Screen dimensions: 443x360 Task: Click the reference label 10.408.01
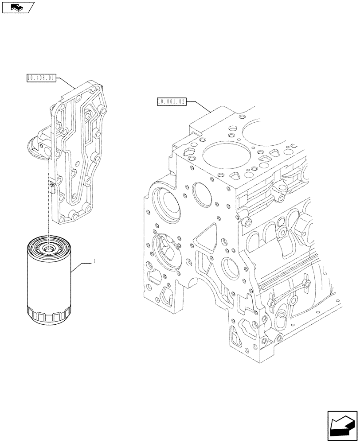[x=41, y=78]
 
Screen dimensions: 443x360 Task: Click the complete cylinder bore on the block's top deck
[x=221, y=157]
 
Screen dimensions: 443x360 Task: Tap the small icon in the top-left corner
[x=18, y=7]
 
